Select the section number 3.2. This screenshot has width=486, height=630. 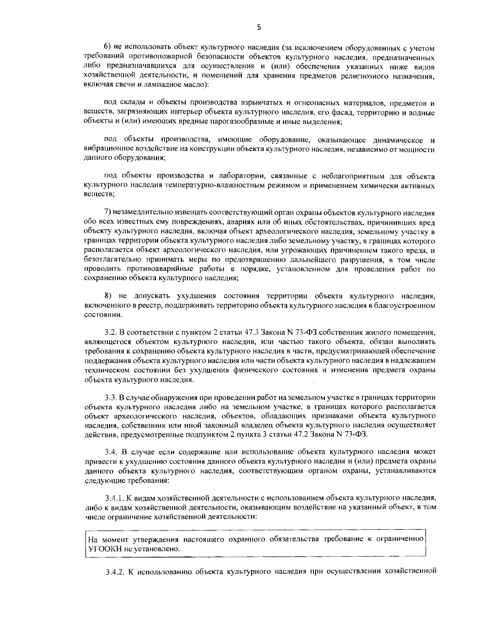tap(111, 333)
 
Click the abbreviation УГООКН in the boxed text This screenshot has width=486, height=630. tap(105, 549)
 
